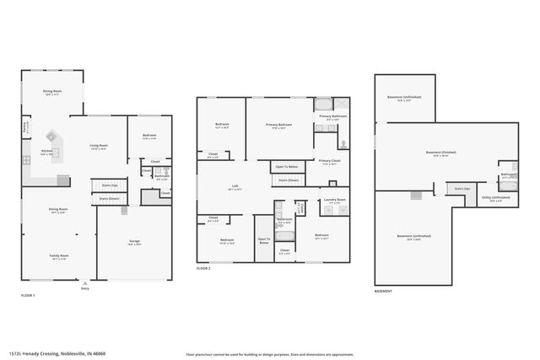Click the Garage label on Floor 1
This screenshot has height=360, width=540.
[134, 241]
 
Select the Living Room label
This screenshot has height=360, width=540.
[99, 146]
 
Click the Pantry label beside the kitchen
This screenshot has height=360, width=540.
[24, 128]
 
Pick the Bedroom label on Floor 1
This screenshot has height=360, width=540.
[148, 136]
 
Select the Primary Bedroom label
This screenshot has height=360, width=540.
[282, 126]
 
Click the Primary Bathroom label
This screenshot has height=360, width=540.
[332, 116]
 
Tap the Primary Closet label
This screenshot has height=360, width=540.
[329, 160]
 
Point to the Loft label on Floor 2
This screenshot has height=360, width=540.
[235, 187]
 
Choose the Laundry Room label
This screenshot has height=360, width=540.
[335, 200]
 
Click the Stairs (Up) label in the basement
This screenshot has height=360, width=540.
[461, 189]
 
